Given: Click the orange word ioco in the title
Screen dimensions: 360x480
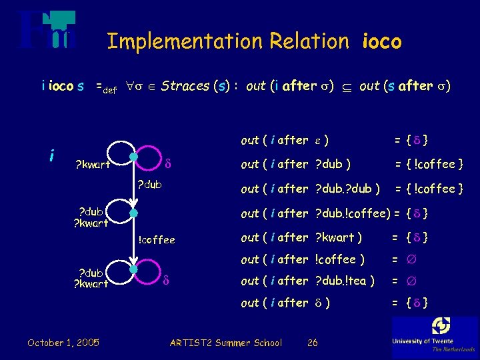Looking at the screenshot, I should [382, 42].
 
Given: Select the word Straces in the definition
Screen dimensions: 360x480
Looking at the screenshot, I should [185, 86].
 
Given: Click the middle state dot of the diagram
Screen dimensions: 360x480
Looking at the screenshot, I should [134, 213].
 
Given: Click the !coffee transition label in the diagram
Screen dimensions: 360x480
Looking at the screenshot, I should [156, 240].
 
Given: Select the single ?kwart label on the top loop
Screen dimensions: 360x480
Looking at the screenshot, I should [92, 164].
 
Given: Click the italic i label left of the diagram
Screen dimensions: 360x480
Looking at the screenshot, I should [51, 155].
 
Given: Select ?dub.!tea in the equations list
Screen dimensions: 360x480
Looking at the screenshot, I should [344, 281].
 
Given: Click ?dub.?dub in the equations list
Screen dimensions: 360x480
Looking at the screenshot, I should [347, 189].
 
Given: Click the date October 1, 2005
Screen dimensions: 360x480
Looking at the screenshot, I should [63, 343].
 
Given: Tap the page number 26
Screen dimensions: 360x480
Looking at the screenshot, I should [312, 343].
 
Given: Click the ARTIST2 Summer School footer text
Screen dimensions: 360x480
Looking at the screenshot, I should [225, 343].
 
